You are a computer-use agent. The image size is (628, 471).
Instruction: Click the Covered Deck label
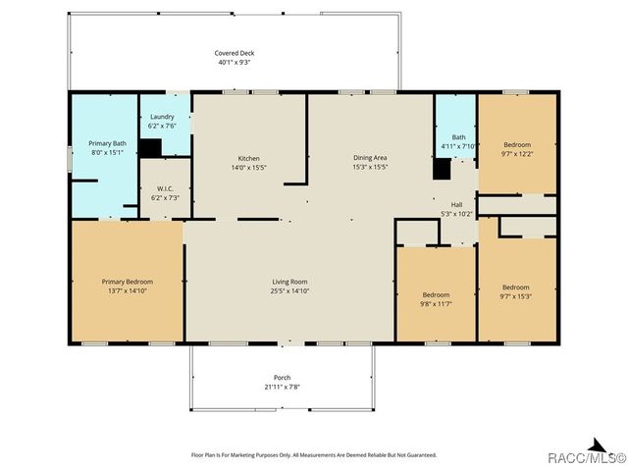[235, 53]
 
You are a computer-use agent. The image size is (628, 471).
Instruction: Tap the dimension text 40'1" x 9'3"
[235, 62]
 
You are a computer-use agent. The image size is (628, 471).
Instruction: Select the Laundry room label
[162, 117]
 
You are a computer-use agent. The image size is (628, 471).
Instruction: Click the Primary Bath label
[107, 143]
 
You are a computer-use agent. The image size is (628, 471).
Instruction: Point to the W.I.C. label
[165, 188]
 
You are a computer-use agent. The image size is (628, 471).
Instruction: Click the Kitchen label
[248, 158]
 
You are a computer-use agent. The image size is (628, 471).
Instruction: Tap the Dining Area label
[370, 157]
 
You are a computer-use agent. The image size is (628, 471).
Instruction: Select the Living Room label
[289, 282]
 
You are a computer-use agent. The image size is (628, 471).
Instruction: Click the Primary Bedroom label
[128, 282]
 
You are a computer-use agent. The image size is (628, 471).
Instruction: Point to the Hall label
[456, 205]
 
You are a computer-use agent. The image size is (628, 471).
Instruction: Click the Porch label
[283, 377]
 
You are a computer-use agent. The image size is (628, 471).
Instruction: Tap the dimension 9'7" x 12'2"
[517, 154]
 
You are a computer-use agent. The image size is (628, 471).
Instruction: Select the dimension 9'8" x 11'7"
[436, 304]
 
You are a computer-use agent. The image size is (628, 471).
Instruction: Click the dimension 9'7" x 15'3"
[516, 296]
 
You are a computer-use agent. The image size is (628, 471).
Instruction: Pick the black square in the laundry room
[150, 148]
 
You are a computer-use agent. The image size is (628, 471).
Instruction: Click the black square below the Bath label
[442, 169]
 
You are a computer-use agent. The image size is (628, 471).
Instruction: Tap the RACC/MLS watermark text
[587, 457]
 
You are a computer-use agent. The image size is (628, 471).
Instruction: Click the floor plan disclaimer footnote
[314, 455]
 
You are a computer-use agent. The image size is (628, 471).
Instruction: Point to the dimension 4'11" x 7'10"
[458, 146]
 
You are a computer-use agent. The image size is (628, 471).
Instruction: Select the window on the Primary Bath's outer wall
[70, 159]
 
